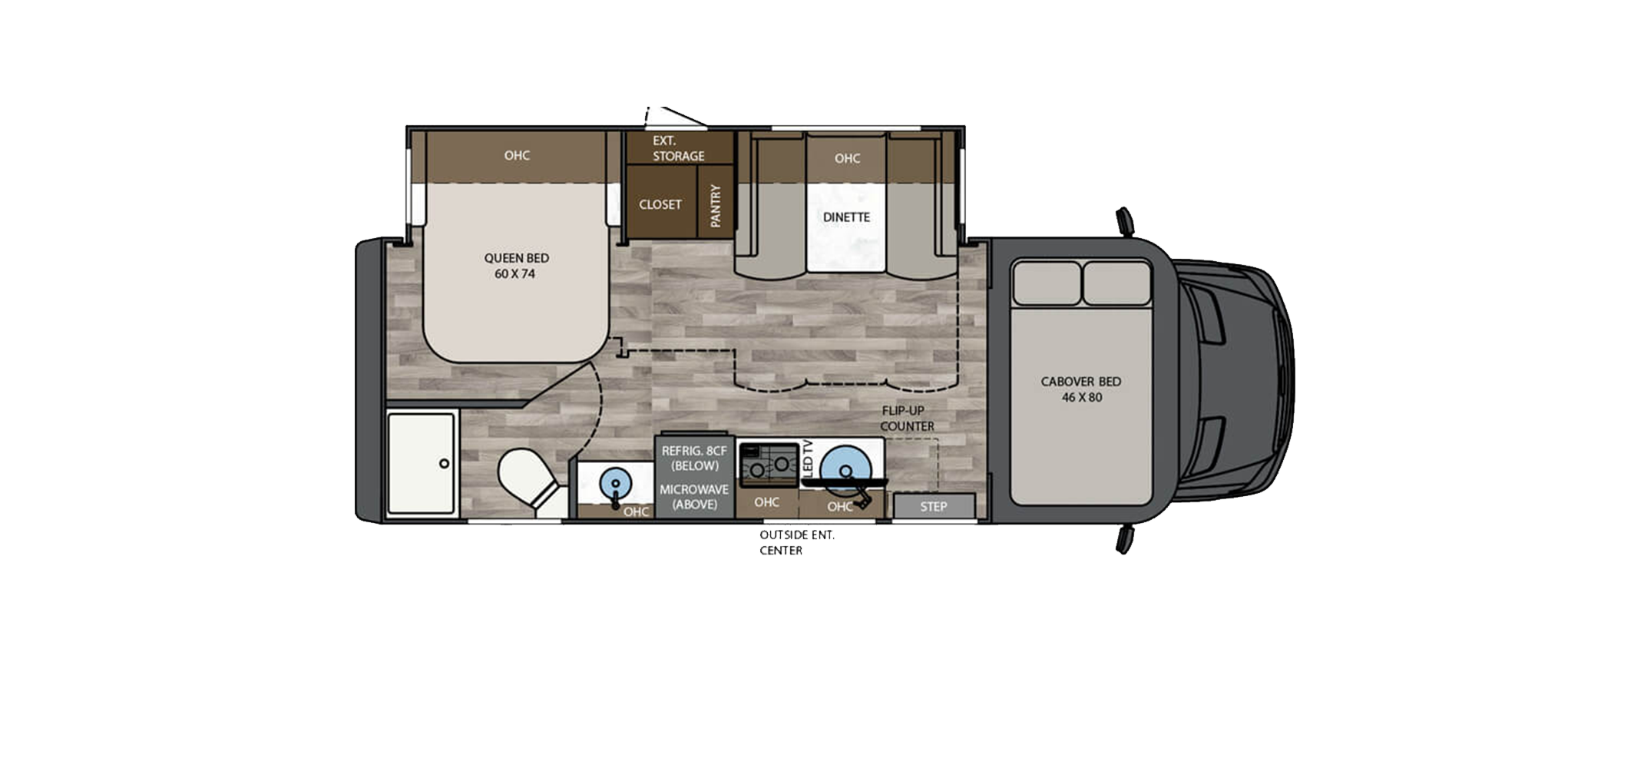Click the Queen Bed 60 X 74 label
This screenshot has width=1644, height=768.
tap(516, 266)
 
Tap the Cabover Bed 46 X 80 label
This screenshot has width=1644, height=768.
tap(1081, 389)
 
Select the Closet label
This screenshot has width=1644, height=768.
tap(660, 204)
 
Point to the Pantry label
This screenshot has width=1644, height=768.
tap(716, 206)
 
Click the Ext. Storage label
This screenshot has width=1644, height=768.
tap(678, 148)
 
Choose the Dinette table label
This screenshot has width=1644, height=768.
tap(846, 217)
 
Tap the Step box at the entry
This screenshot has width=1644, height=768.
tap(934, 506)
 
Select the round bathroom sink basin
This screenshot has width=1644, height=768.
tap(614, 485)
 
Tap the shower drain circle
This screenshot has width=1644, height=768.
tap(444, 464)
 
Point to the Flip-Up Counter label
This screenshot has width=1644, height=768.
tap(907, 419)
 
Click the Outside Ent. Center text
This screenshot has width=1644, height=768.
tap(797, 542)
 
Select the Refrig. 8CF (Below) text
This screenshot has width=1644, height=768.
tap(694, 458)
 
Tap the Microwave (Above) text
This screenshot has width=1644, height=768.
tap(694, 497)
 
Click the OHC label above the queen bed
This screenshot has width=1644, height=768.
tap(517, 155)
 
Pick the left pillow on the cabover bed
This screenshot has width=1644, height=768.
tap(1047, 283)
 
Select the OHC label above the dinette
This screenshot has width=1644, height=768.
tap(847, 158)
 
